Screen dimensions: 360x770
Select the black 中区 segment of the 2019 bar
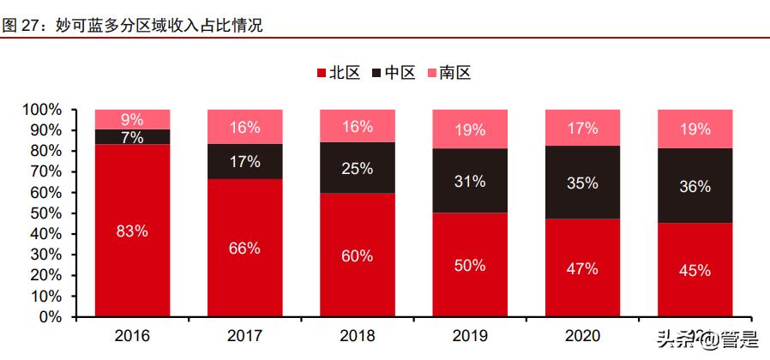(x=470, y=181)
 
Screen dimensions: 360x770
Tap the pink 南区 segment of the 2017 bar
(x=244, y=127)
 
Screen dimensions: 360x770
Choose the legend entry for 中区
(x=394, y=73)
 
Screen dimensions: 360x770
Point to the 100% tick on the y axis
(x=42, y=110)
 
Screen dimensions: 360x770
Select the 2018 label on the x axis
(x=358, y=335)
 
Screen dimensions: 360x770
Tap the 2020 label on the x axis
(x=582, y=335)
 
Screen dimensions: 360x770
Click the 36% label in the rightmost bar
(x=695, y=185)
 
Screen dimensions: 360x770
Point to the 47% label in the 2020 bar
(x=582, y=268)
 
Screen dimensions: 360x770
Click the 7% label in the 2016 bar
(x=132, y=137)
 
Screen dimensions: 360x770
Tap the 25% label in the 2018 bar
(x=358, y=168)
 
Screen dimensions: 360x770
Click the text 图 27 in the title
(x=21, y=26)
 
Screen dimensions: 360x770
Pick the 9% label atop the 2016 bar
(x=132, y=119)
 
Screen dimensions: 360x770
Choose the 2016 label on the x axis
(x=132, y=335)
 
